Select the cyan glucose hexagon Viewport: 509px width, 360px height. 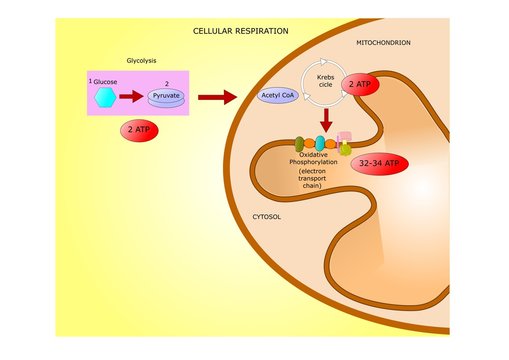pos(104,97)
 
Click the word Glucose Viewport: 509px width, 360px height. pos(105,81)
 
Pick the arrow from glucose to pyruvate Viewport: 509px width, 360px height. pos(133,97)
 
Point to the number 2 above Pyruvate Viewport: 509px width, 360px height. pos(166,84)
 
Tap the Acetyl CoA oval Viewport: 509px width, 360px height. pos(277,95)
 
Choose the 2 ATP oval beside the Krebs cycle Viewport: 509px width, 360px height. pos(360,86)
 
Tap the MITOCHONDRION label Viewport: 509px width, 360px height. pos(383,43)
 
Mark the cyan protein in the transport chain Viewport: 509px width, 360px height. pos(320,142)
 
